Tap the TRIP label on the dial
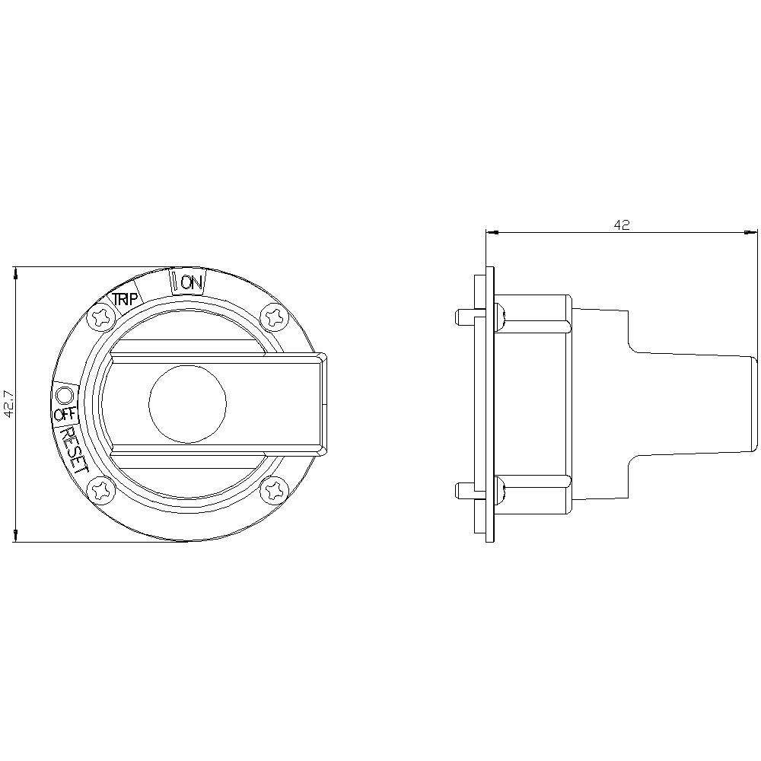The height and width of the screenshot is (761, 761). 126,299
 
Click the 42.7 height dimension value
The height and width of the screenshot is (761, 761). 9,404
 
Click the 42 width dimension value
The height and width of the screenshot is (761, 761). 622,225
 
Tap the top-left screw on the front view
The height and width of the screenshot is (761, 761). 100,317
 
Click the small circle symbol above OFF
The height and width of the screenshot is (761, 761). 64,394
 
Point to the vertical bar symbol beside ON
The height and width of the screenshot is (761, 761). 174,282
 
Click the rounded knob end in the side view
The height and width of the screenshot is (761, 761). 753,404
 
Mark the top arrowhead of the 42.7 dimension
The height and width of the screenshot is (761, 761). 15,272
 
